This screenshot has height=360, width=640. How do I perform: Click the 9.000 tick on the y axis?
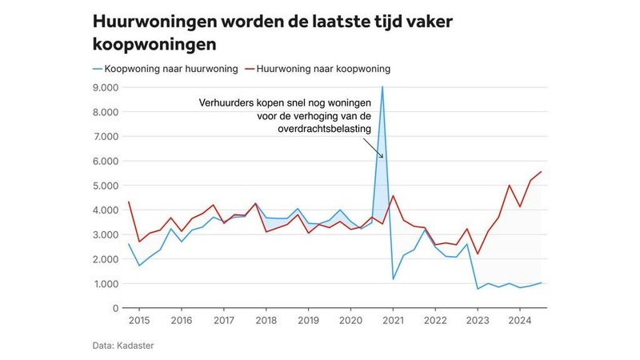tap(106, 87)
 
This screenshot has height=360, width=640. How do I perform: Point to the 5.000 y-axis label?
tap(106, 186)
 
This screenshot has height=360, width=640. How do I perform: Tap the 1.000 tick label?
tap(106, 284)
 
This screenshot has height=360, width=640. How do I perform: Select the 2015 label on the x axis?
tap(139, 320)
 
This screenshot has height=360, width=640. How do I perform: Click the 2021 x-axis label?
tap(392, 320)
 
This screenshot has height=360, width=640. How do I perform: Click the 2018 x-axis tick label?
tap(266, 320)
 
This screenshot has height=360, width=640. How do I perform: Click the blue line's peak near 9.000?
tap(382, 86)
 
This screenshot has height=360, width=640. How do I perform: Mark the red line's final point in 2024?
tap(540, 172)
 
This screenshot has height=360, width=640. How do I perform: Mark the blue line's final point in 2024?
tap(540, 282)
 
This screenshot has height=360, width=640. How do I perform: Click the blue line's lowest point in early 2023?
tap(478, 289)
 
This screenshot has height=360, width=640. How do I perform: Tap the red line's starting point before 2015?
tap(129, 202)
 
